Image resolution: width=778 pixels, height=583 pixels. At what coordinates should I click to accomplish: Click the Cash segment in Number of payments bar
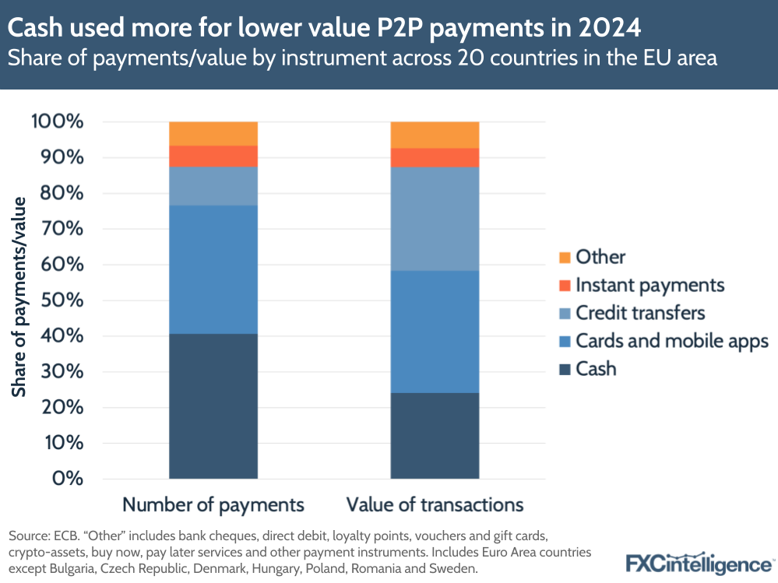[x=213, y=406]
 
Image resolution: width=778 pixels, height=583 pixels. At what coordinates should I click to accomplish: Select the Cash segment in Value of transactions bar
[x=435, y=435]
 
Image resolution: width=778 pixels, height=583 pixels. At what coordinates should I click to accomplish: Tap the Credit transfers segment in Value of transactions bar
[x=435, y=219]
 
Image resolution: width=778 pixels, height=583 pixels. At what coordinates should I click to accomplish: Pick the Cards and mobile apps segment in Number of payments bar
[x=213, y=269]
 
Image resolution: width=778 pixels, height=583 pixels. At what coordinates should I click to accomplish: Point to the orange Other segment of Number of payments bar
[x=213, y=133]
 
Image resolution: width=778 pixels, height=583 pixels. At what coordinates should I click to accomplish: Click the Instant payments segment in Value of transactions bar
[x=435, y=157]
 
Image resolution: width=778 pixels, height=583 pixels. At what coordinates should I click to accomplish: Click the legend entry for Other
[x=600, y=256]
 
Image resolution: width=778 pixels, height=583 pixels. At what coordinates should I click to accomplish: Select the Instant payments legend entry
[x=650, y=285]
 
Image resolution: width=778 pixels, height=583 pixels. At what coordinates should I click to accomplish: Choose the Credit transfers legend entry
[x=639, y=313]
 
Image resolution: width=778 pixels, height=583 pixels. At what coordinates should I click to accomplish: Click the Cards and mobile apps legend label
[x=671, y=341]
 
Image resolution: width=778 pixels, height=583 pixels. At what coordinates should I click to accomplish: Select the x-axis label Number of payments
[x=213, y=504]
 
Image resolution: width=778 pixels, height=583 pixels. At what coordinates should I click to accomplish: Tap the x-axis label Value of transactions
[x=435, y=504]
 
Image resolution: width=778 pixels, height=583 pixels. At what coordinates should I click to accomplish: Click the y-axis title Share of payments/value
[x=19, y=297]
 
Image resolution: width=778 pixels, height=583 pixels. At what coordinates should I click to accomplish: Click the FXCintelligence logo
[x=699, y=561]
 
